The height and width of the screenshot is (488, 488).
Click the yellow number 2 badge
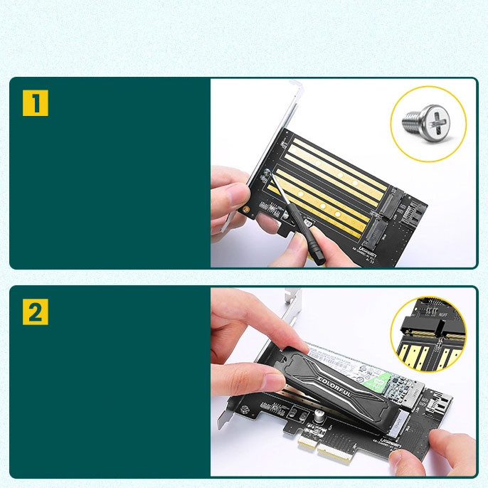36,312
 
